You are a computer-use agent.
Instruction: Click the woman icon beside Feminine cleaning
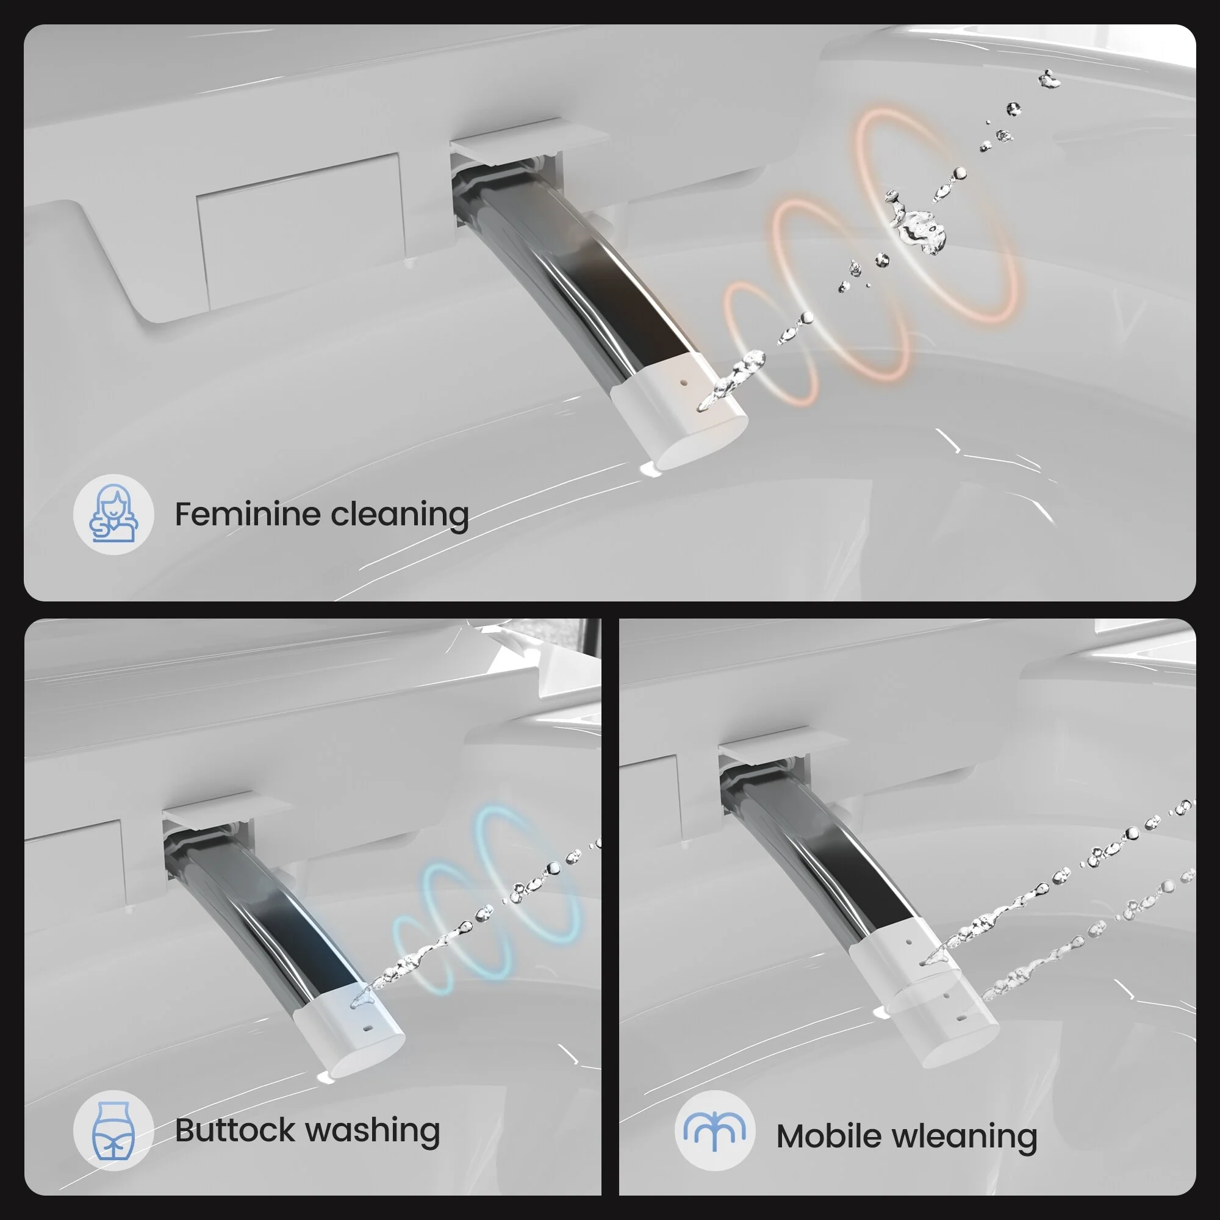click(x=113, y=514)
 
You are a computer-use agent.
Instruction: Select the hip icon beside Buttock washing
click(x=113, y=1131)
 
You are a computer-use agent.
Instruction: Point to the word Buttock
click(x=235, y=1130)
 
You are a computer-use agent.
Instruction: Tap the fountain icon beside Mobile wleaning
click(x=715, y=1131)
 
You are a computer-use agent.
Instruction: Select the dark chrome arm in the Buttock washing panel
click(x=265, y=916)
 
